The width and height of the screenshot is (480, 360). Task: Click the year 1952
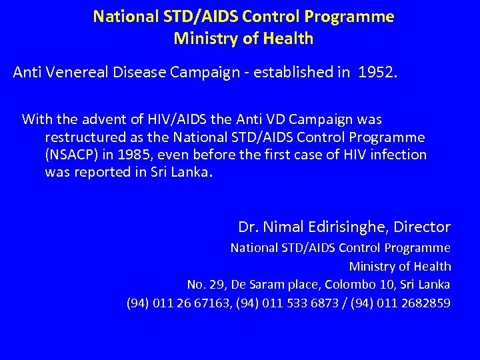(376, 72)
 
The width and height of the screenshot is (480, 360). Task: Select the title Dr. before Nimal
(249, 227)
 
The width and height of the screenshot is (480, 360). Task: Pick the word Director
(422, 227)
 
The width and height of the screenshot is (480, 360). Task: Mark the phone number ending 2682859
(427, 303)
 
